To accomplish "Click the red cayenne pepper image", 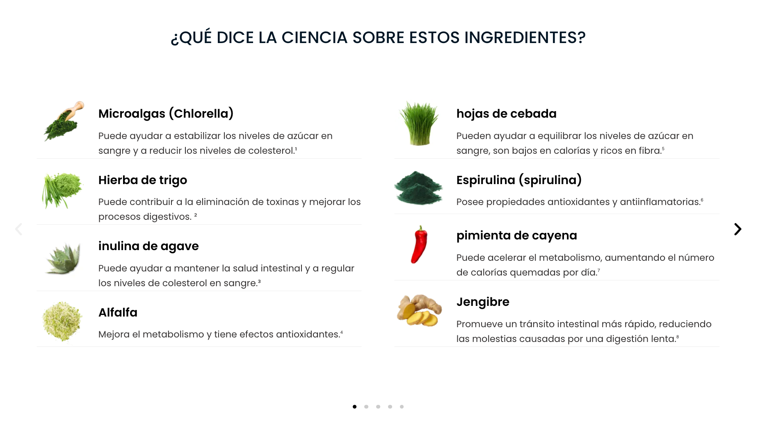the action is (x=419, y=245).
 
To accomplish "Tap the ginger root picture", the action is (x=419, y=310).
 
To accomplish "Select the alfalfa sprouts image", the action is (x=62, y=322).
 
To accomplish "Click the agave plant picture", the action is (x=63, y=258).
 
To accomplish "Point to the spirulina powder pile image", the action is (x=418, y=188).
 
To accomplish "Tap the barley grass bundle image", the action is (x=419, y=123).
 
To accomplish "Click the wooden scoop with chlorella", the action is (x=64, y=121).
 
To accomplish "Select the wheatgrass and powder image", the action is (x=62, y=190).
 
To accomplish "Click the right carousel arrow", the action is (x=737, y=229).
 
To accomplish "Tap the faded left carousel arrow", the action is (x=19, y=229).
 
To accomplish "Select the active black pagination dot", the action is (x=354, y=407).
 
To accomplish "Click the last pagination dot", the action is (x=402, y=407).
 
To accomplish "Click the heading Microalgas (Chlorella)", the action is (x=166, y=114).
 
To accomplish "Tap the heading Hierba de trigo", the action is (x=143, y=180).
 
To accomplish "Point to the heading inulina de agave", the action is (x=148, y=246).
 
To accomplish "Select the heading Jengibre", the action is (x=483, y=302).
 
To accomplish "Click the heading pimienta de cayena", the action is (x=517, y=236).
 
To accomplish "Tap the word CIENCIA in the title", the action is (x=315, y=38).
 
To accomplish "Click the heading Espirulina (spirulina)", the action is (x=519, y=180).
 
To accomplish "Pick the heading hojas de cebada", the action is (x=507, y=114).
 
